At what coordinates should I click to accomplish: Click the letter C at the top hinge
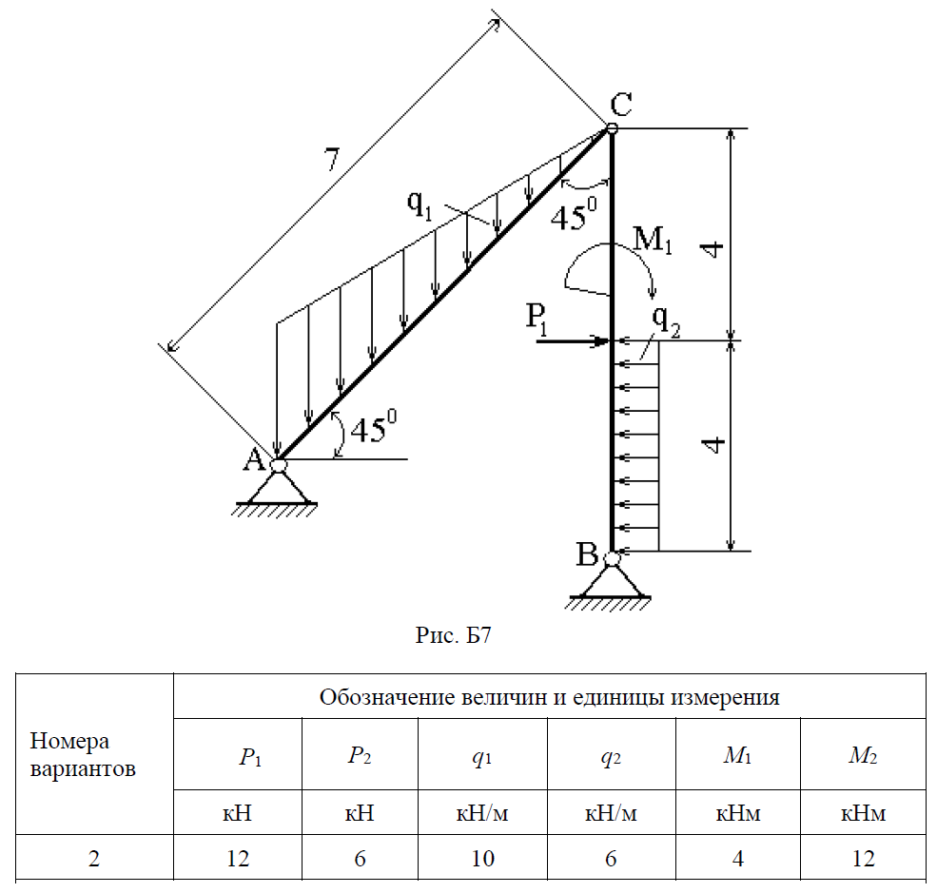[622, 105]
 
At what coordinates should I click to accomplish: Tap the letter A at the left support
[254, 460]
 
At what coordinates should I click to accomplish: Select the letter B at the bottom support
[587, 553]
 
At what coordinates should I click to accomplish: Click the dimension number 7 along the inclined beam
[330, 160]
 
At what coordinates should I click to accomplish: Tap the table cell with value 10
[482, 858]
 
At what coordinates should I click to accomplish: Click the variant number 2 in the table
[93, 858]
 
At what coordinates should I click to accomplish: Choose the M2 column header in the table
[863, 757]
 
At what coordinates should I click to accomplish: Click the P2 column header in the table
[360, 757]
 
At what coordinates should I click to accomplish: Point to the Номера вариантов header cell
[83, 754]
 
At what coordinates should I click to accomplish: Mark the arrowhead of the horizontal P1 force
[602, 340]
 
